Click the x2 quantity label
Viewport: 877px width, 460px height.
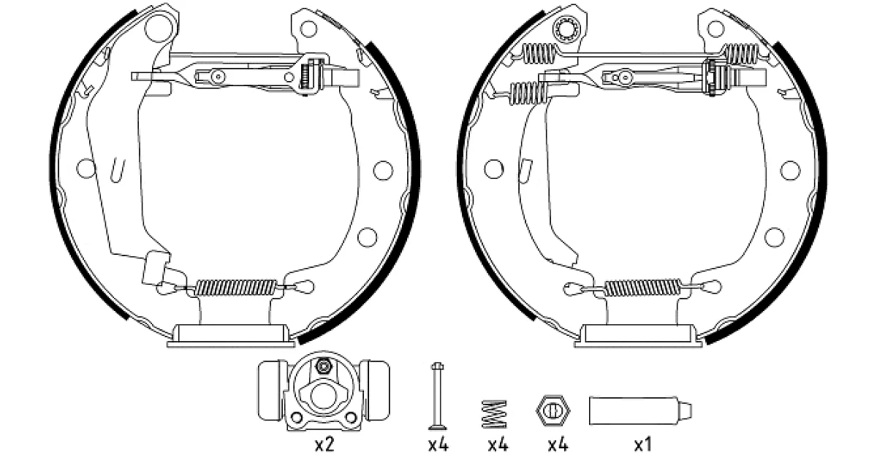(324, 445)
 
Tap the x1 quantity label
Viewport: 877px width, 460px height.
(642, 445)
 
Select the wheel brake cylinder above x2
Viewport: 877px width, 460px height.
(324, 391)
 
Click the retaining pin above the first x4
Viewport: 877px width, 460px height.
(438, 396)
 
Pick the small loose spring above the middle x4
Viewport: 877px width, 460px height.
(494, 414)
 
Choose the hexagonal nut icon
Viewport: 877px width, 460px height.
(553, 410)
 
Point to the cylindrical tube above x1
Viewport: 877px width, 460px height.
(640, 410)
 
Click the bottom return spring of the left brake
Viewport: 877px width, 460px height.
(235, 288)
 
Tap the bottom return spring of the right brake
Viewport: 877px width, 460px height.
(643, 288)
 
